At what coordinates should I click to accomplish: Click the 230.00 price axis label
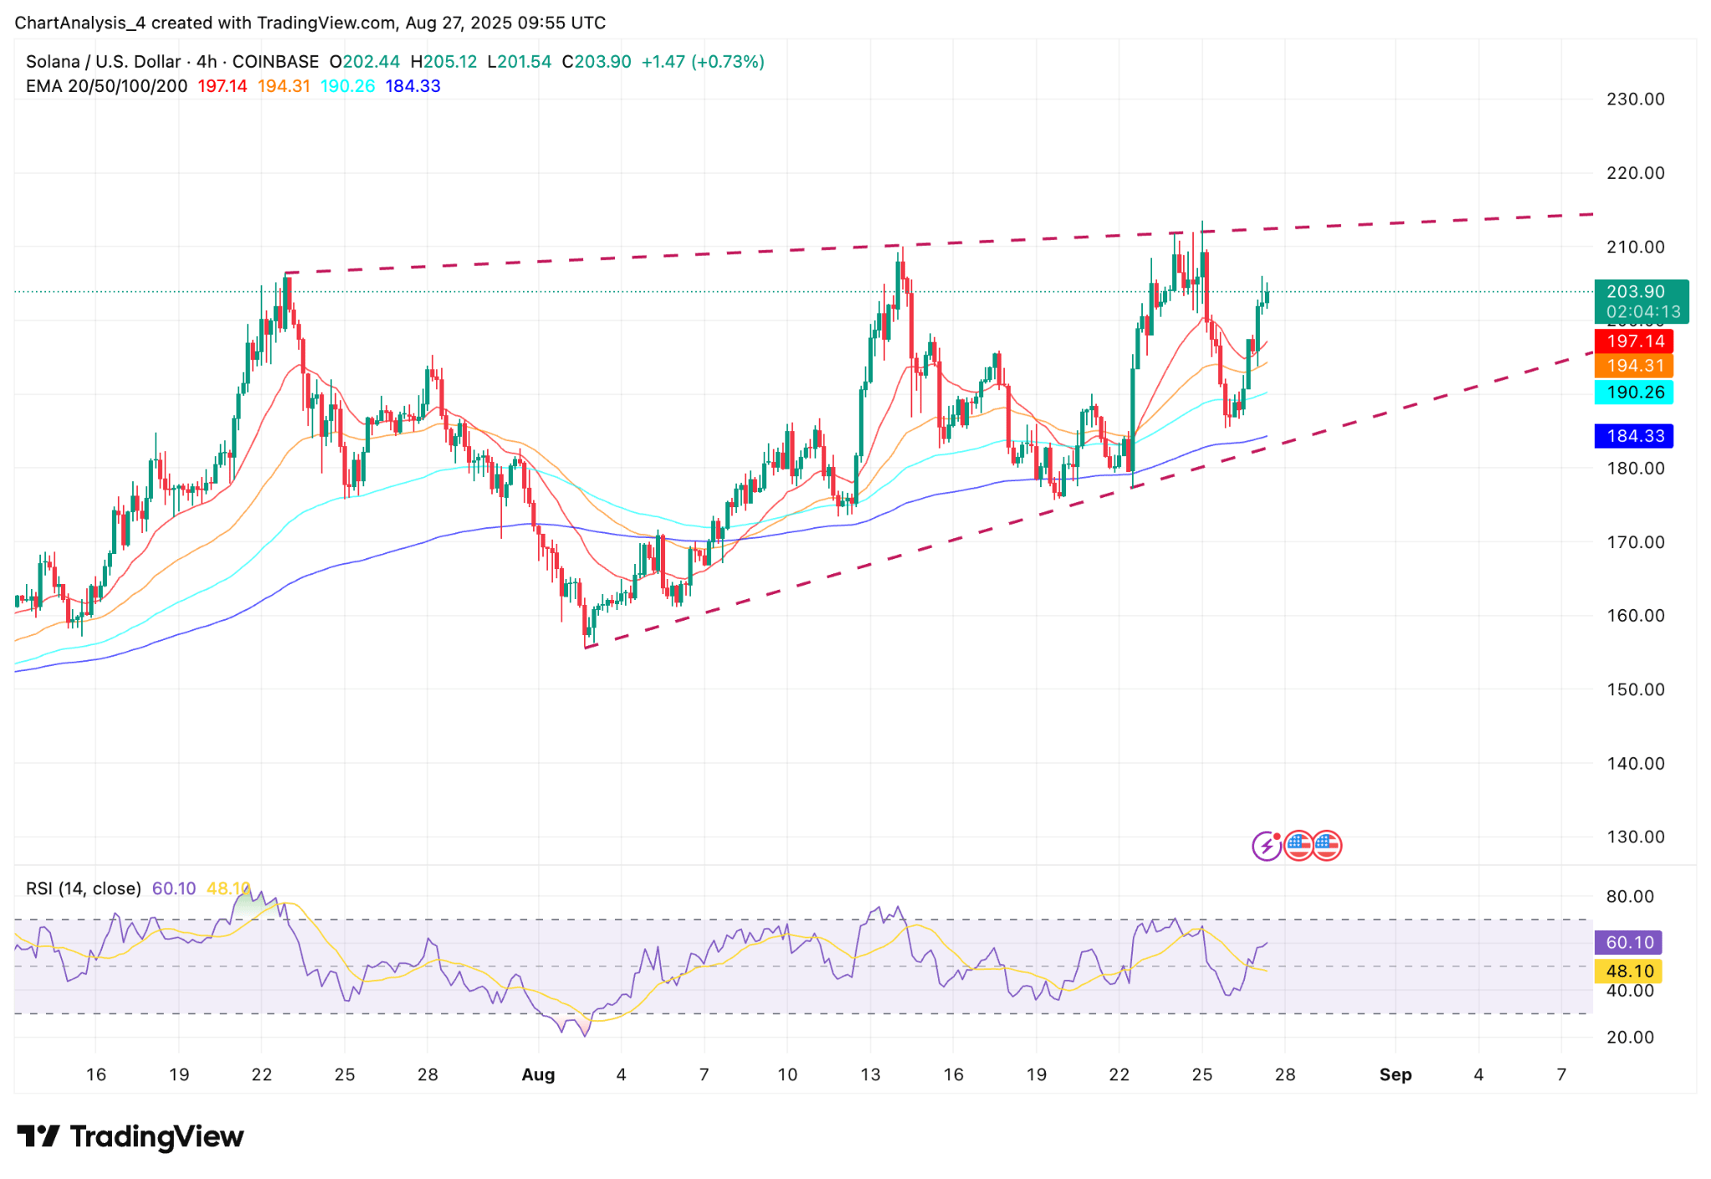click(1635, 99)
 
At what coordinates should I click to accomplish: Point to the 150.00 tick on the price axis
click(1635, 689)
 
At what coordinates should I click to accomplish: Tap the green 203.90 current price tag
click(1640, 292)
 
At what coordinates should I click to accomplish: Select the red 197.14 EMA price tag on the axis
click(1635, 341)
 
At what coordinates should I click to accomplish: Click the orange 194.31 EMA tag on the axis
click(1635, 366)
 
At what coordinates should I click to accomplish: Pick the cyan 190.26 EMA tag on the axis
click(1635, 392)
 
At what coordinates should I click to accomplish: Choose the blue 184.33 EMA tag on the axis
click(1635, 436)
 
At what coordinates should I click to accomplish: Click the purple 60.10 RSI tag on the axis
click(1629, 943)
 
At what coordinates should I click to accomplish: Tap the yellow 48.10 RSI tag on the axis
click(1629, 971)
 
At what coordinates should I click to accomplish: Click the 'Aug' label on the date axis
click(538, 1075)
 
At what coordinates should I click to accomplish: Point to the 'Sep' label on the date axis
click(1395, 1075)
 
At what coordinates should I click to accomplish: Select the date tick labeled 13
click(870, 1075)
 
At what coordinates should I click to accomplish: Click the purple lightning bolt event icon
click(1267, 846)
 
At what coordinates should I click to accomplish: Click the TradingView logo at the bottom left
click(130, 1136)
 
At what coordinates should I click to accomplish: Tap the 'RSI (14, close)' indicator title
click(84, 888)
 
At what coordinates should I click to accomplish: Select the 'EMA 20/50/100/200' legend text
click(106, 86)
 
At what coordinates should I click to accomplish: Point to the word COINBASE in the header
click(275, 62)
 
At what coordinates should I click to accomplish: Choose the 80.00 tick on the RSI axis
click(1630, 897)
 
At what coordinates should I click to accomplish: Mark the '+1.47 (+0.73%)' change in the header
click(703, 62)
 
